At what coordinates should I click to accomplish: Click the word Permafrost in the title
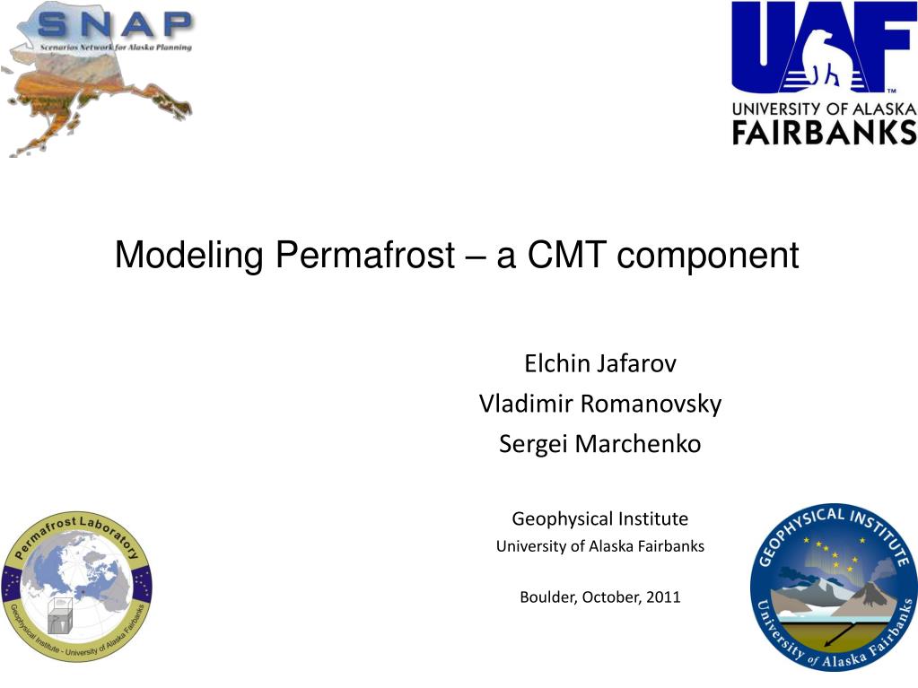364,255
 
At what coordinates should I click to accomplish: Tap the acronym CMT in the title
565,255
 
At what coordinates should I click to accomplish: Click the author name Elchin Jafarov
600,363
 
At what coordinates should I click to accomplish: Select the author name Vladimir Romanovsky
600,404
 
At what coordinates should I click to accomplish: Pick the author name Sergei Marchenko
600,443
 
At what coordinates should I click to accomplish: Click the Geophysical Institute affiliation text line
600,519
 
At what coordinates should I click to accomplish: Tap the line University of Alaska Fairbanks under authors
600,546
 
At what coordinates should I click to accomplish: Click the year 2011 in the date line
663,597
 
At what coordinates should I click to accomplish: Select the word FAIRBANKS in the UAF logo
825,132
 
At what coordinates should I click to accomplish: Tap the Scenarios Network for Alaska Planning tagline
116,47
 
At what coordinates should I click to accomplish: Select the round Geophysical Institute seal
834,587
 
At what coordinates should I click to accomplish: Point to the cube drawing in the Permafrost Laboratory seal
60,616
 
